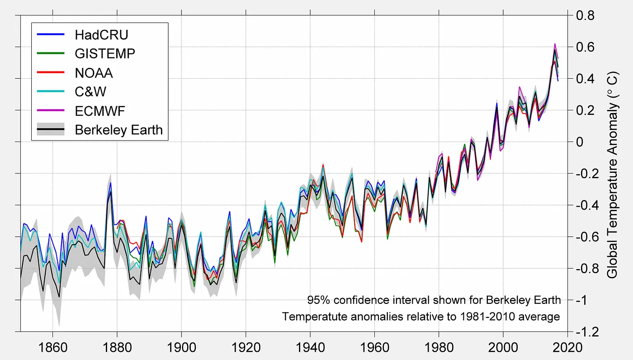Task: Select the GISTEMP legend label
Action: (105, 53)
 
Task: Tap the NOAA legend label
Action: (94, 72)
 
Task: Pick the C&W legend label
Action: (91, 92)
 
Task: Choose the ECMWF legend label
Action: (100, 111)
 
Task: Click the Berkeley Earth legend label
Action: (119, 130)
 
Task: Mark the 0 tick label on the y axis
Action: (579, 142)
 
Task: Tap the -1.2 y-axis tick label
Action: (588, 332)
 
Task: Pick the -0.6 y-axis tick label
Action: (588, 237)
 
